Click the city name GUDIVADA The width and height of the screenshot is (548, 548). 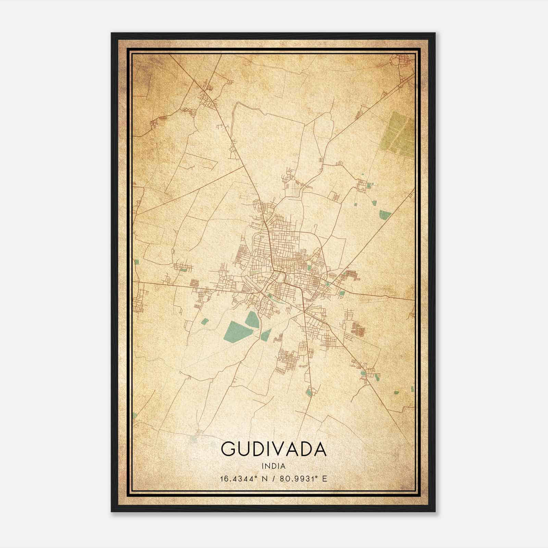click(274, 449)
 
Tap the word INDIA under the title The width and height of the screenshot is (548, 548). click(274, 466)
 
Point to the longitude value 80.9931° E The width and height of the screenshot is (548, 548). click(303, 478)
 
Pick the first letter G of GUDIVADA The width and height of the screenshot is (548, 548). click(228, 449)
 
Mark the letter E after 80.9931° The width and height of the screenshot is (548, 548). click(325, 478)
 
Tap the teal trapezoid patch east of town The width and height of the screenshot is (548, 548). click(385, 215)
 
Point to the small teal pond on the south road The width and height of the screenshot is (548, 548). click(309, 392)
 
